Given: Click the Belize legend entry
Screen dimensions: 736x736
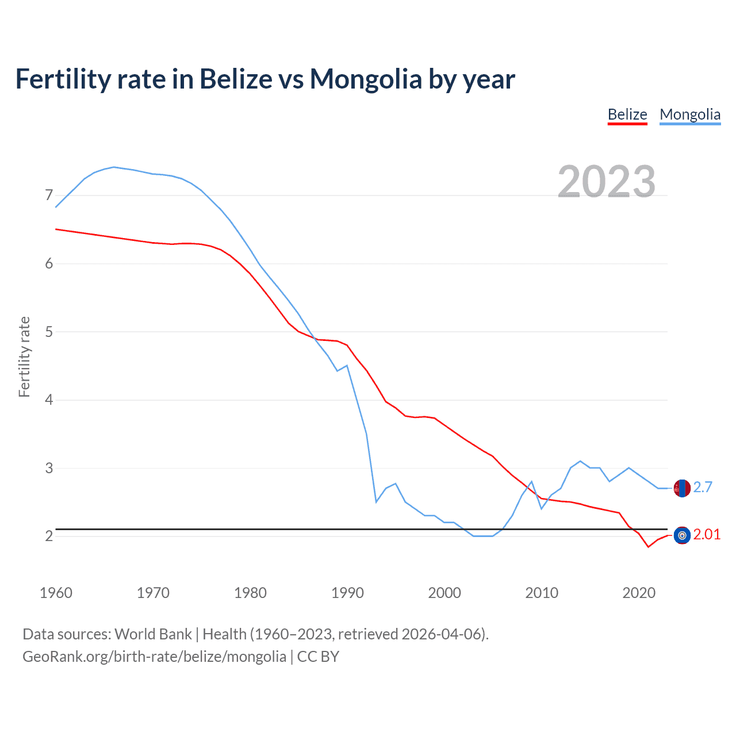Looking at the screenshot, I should pos(627,114).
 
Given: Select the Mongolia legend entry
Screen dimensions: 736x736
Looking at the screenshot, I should pos(690,114).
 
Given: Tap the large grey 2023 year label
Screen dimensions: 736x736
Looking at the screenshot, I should pos(607,182).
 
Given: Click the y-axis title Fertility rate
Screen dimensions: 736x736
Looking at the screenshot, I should pos(24,356).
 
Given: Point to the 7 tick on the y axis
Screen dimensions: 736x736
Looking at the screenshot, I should pos(49,195).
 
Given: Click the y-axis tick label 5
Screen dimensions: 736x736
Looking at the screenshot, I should pos(49,332).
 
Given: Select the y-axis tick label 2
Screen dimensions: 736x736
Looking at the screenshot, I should pos(49,536).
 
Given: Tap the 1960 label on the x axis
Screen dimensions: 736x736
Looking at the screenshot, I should pos(56,593).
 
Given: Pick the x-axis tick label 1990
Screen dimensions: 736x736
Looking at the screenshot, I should pos(347,593).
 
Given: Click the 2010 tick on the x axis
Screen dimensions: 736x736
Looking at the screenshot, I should pos(542,593).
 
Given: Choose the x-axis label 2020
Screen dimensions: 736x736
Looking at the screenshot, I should pos(639,593).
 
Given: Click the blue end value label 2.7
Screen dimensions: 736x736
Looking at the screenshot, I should pos(703,488).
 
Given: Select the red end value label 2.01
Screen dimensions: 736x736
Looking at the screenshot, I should pos(707,535).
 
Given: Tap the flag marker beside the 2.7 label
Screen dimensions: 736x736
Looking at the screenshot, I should pos(682,488).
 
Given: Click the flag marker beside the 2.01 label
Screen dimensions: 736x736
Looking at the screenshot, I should pos(682,535).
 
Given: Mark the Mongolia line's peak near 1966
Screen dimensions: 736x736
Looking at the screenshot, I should pos(114,167).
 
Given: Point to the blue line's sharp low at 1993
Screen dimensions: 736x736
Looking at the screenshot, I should pos(376,502).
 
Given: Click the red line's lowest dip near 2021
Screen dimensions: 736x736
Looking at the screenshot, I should pos(648,547).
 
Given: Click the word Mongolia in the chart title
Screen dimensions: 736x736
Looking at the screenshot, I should pos(365,79).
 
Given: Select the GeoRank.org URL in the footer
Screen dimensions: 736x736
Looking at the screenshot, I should pos(154,657).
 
